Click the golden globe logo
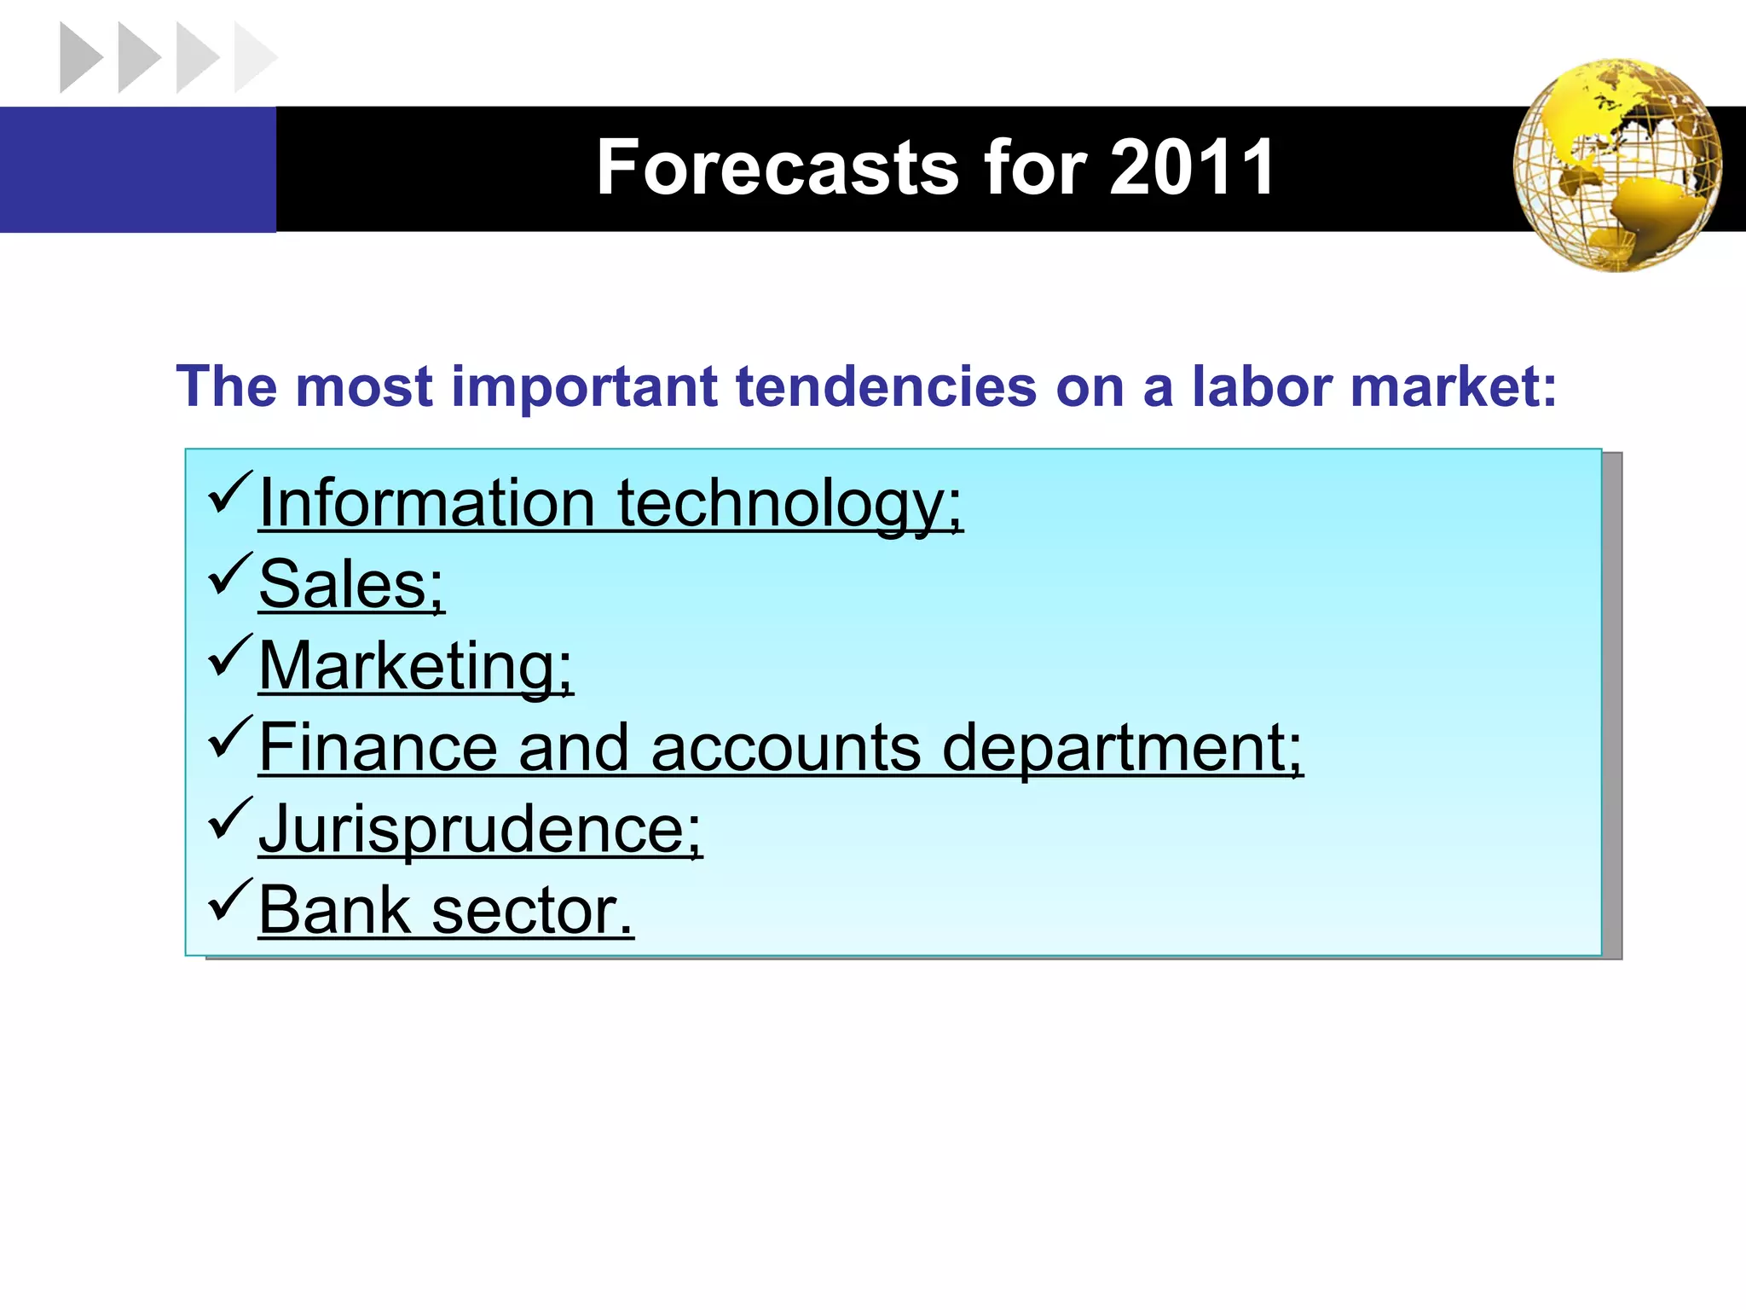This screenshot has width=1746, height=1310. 1616,165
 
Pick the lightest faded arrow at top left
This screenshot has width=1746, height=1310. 254,58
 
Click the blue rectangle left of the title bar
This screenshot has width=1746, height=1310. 137,169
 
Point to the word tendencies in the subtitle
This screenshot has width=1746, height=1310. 885,387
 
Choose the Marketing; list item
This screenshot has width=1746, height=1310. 416,666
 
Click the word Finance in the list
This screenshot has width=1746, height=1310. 378,747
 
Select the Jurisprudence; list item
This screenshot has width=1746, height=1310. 480,829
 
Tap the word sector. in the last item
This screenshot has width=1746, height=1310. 533,911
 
